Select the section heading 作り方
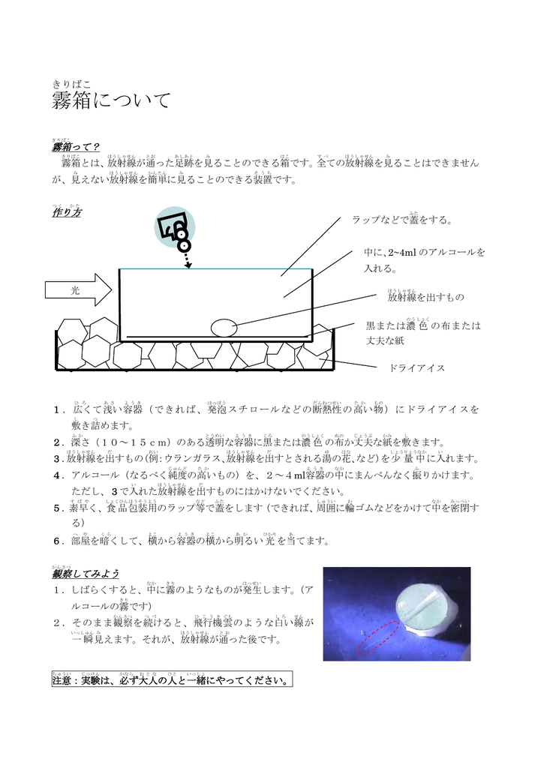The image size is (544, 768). click(x=66, y=212)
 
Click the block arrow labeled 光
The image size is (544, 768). click(x=78, y=290)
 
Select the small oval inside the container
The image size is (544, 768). click(x=224, y=328)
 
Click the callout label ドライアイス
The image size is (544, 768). click(x=417, y=368)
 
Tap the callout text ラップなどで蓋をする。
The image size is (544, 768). click(x=402, y=220)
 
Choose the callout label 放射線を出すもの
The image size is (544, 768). click(x=425, y=298)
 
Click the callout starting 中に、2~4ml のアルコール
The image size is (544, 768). click(x=425, y=259)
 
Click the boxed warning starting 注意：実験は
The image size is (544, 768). click(x=171, y=681)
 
